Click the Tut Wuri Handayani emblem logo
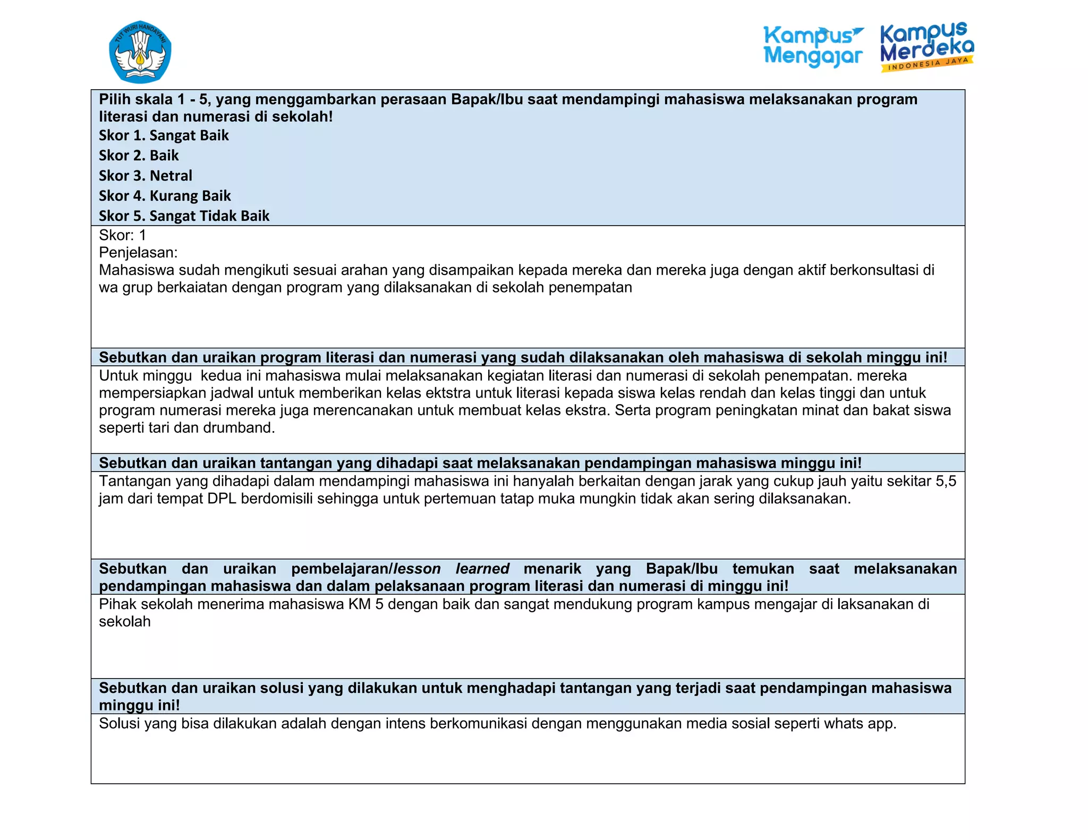(x=140, y=52)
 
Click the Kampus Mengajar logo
(x=813, y=47)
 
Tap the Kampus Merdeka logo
(x=926, y=46)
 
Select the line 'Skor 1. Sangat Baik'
(x=164, y=135)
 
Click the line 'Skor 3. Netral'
(x=146, y=176)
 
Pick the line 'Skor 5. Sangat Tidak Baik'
(x=184, y=216)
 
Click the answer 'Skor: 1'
(x=122, y=235)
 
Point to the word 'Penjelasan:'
(x=138, y=252)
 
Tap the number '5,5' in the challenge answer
(x=946, y=482)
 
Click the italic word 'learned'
(x=482, y=569)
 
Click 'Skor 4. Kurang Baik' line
(x=165, y=196)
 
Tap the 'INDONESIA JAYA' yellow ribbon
(x=928, y=64)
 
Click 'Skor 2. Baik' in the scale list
(x=139, y=156)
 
